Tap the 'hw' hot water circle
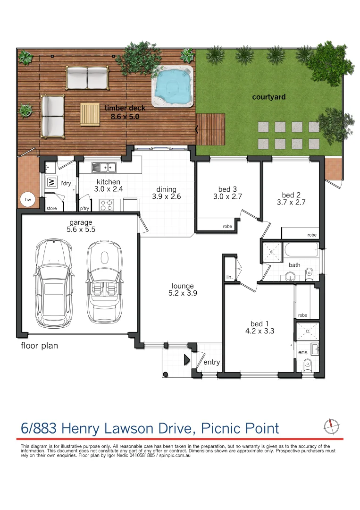tap(28, 200)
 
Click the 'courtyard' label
tap(268, 97)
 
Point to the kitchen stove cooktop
tap(106, 205)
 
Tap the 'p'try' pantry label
tap(84, 208)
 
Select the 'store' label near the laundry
tap(51, 208)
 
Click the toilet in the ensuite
tap(307, 364)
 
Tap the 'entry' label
tap(211, 362)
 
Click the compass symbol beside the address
tap(331, 426)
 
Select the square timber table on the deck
tap(90, 114)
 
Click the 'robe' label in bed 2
tap(312, 235)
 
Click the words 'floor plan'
tap(39, 346)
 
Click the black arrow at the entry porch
tap(186, 360)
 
